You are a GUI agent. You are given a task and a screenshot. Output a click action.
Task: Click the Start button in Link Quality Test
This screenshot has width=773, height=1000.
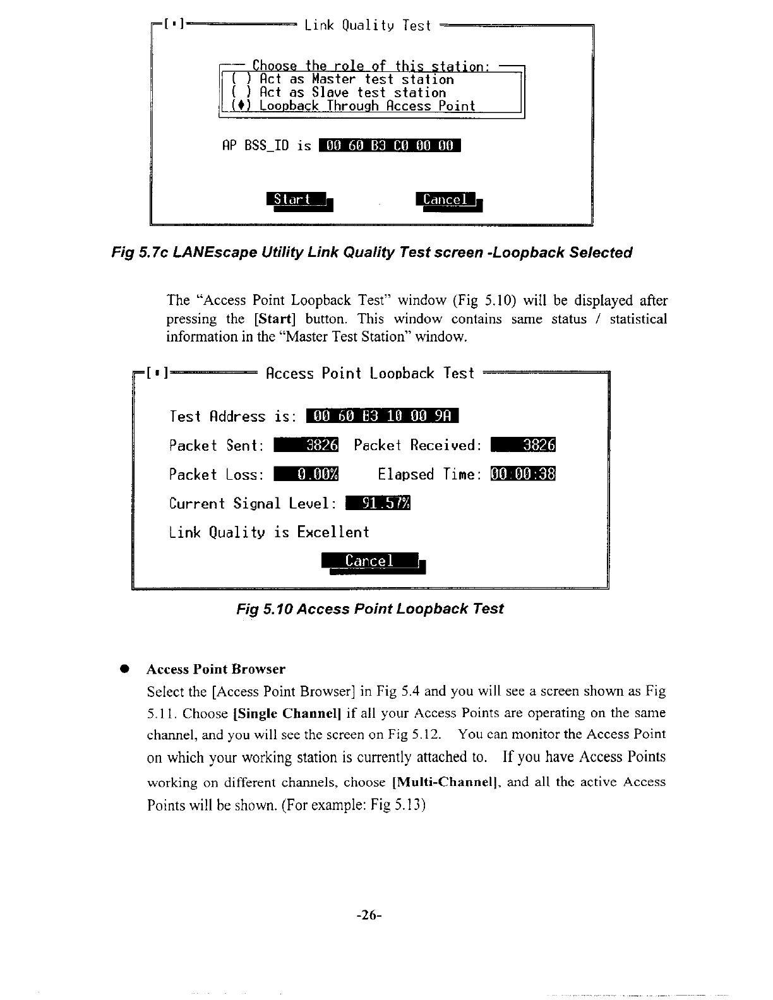point(296,199)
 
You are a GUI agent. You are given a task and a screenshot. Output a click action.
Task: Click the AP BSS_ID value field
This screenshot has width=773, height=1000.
point(390,146)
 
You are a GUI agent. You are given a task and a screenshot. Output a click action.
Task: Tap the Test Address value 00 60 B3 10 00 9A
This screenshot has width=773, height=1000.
point(382,416)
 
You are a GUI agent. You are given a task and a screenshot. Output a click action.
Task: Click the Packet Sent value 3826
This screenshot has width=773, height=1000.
point(307,445)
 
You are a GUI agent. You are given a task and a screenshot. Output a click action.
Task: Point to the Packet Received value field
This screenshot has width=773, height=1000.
point(522,445)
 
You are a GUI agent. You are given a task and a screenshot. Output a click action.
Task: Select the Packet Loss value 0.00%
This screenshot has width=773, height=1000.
point(307,474)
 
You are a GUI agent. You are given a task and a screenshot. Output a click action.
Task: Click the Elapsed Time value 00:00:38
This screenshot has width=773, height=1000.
point(522,474)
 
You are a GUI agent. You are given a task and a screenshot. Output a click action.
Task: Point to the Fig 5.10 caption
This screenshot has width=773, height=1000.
point(370,609)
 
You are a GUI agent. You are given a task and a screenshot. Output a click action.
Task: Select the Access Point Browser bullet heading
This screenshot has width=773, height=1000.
point(216,669)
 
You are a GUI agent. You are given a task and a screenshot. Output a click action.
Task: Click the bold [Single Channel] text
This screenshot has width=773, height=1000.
point(287,713)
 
